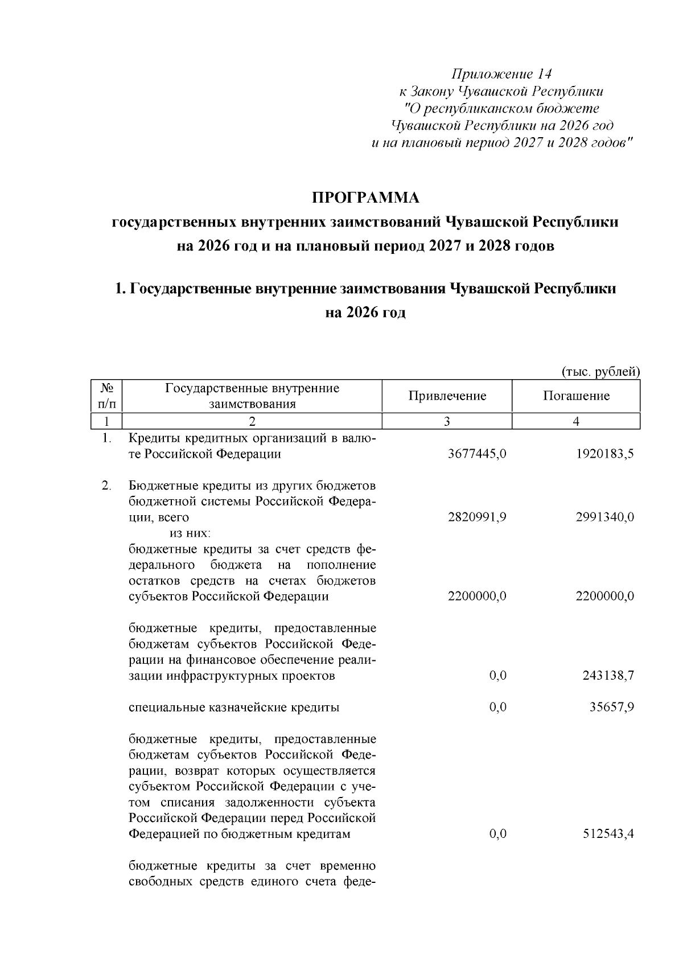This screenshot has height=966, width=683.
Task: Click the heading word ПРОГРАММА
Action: (x=365, y=198)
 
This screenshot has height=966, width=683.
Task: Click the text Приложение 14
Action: (x=501, y=74)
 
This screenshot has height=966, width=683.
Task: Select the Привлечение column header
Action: (x=447, y=396)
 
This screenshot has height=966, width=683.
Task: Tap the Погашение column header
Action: (x=576, y=396)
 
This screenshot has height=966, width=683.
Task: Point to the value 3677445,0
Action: (x=477, y=454)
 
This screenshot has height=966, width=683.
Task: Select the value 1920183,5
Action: (x=606, y=454)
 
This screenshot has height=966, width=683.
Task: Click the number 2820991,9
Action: (x=477, y=517)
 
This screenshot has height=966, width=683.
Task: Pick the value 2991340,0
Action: (x=606, y=517)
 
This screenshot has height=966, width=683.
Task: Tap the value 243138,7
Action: (x=608, y=676)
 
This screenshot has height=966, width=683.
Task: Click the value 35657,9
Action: (x=612, y=708)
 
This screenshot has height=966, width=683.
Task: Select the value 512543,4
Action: (x=608, y=834)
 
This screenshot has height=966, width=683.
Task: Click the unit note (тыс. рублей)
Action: (x=601, y=372)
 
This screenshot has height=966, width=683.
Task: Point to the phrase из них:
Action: (x=190, y=533)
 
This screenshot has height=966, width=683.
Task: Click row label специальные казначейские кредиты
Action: (x=234, y=708)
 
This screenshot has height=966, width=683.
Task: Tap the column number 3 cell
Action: (x=447, y=421)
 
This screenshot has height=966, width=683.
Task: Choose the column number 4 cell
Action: (x=576, y=421)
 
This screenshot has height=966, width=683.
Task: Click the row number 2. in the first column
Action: (x=106, y=486)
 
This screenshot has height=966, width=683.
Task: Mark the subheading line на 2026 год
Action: (x=365, y=313)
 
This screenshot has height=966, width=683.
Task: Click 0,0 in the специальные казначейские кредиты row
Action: (x=497, y=708)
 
